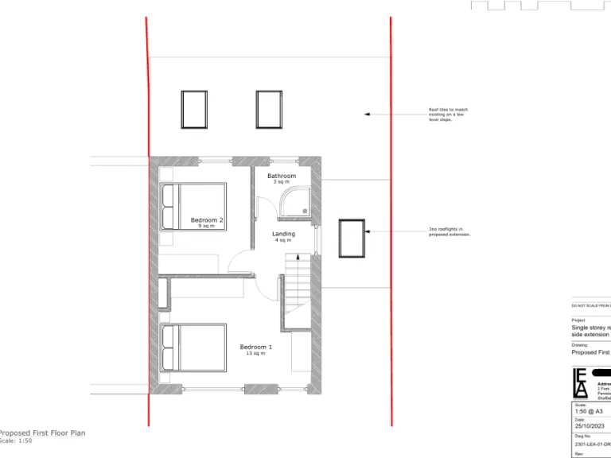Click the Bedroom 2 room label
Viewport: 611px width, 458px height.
(x=207, y=219)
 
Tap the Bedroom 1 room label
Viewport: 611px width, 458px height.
(x=256, y=347)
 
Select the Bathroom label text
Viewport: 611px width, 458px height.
(x=282, y=176)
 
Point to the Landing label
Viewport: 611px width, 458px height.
(x=283, y=234)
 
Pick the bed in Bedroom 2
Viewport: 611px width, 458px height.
(x=193, y=207)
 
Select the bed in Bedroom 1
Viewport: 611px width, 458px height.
(x=193, y=347)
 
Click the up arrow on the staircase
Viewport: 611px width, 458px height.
(x=297, y=259)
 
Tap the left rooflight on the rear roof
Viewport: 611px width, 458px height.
(x=194, y=110)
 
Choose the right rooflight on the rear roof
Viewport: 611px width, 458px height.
(x=270, y=110)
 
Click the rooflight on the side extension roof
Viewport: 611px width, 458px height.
(x=351, y=238)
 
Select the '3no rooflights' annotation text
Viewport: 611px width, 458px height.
(x=446, y=232)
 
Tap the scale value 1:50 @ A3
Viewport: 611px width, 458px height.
(x=590, y=411)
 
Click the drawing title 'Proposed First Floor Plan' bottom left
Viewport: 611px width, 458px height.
(x=42, y=433)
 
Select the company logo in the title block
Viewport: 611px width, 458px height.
(x=581, y=383)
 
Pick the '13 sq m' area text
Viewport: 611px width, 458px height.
(x=256, y=353)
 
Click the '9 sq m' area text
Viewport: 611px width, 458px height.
(x=207, y=226)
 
